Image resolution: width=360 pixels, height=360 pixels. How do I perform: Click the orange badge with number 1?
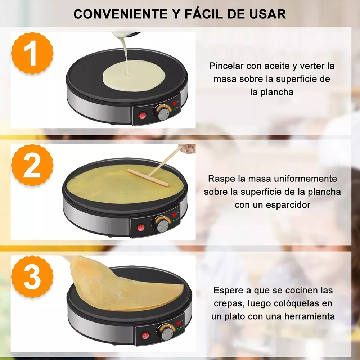point(32,53)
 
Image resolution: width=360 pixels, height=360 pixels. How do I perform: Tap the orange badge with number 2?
point(32,165)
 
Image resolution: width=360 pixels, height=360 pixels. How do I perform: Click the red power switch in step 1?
point(143,116)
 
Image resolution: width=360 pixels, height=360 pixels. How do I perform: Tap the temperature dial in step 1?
point(163,113)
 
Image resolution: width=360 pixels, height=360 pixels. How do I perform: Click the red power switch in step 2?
point(141,228)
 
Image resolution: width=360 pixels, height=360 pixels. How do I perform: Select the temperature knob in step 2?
point(161,225)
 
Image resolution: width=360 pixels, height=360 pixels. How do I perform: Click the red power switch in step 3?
point(145,336)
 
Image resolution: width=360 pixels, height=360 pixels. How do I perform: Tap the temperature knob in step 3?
point(166,333)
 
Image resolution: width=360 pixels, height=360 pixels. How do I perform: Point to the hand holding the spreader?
point(188,148)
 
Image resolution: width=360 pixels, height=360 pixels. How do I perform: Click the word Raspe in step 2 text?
point(220,179)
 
